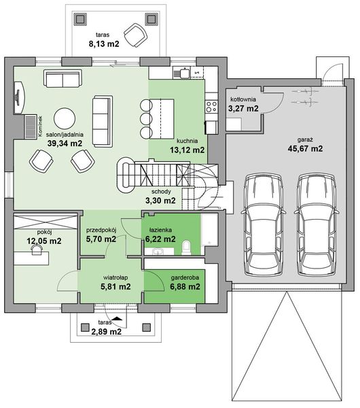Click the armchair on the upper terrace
(x=135, y=35)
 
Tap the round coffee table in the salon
(x=65, y=118)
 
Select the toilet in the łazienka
(x=186, y=248)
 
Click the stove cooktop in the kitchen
(x=211, y=107)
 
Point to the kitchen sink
(x=185, y=73)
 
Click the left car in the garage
(x=264, y=225)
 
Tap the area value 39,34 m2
(x=65, y=143)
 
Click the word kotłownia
(x=243, y=99)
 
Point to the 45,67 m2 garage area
(x=305, y=148)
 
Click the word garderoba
(x=185, y=277)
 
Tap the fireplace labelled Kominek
(x=31, y=126)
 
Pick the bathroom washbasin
(x=158, y=252)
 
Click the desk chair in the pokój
(x=37, y=250)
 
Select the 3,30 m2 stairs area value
(x=160, y=201)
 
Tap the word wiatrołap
(x=115, y=277)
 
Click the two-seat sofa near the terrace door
(x=62, y=79)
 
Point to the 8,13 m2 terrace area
(x=104, y=44)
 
